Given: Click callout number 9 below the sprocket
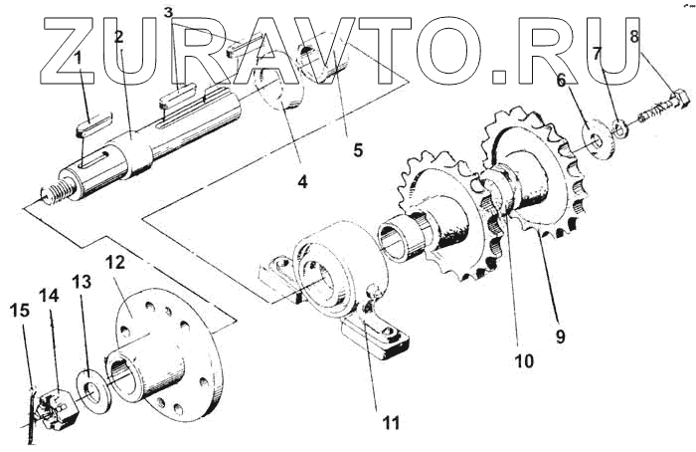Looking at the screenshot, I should pyautogui.click(x=560, y=336).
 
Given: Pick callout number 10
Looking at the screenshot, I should pyautogui.click(x=524, y=360).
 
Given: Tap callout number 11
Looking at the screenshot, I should pyautogui.click(x=391, y=423).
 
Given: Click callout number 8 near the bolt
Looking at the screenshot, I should pyautogui.click(x=634, y=38).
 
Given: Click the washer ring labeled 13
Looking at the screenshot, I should pyautogui.click(x=91, y=390).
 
